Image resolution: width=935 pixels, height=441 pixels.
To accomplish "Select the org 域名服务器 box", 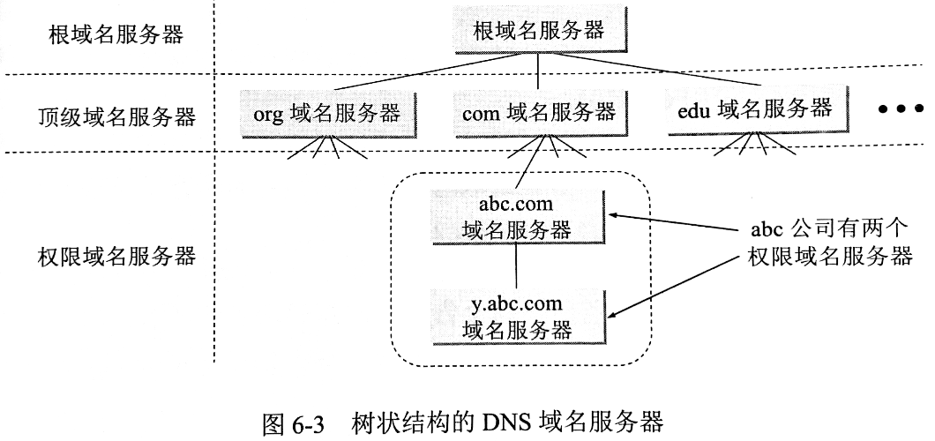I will click(326, 113).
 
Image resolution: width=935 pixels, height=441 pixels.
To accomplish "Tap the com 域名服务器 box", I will click(538, 113).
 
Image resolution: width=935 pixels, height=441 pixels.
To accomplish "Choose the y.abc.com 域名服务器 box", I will click(516, 315).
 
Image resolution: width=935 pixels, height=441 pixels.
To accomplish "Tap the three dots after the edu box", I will click(900, 109).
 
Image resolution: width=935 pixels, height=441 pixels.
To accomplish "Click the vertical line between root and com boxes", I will click(538, 72).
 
